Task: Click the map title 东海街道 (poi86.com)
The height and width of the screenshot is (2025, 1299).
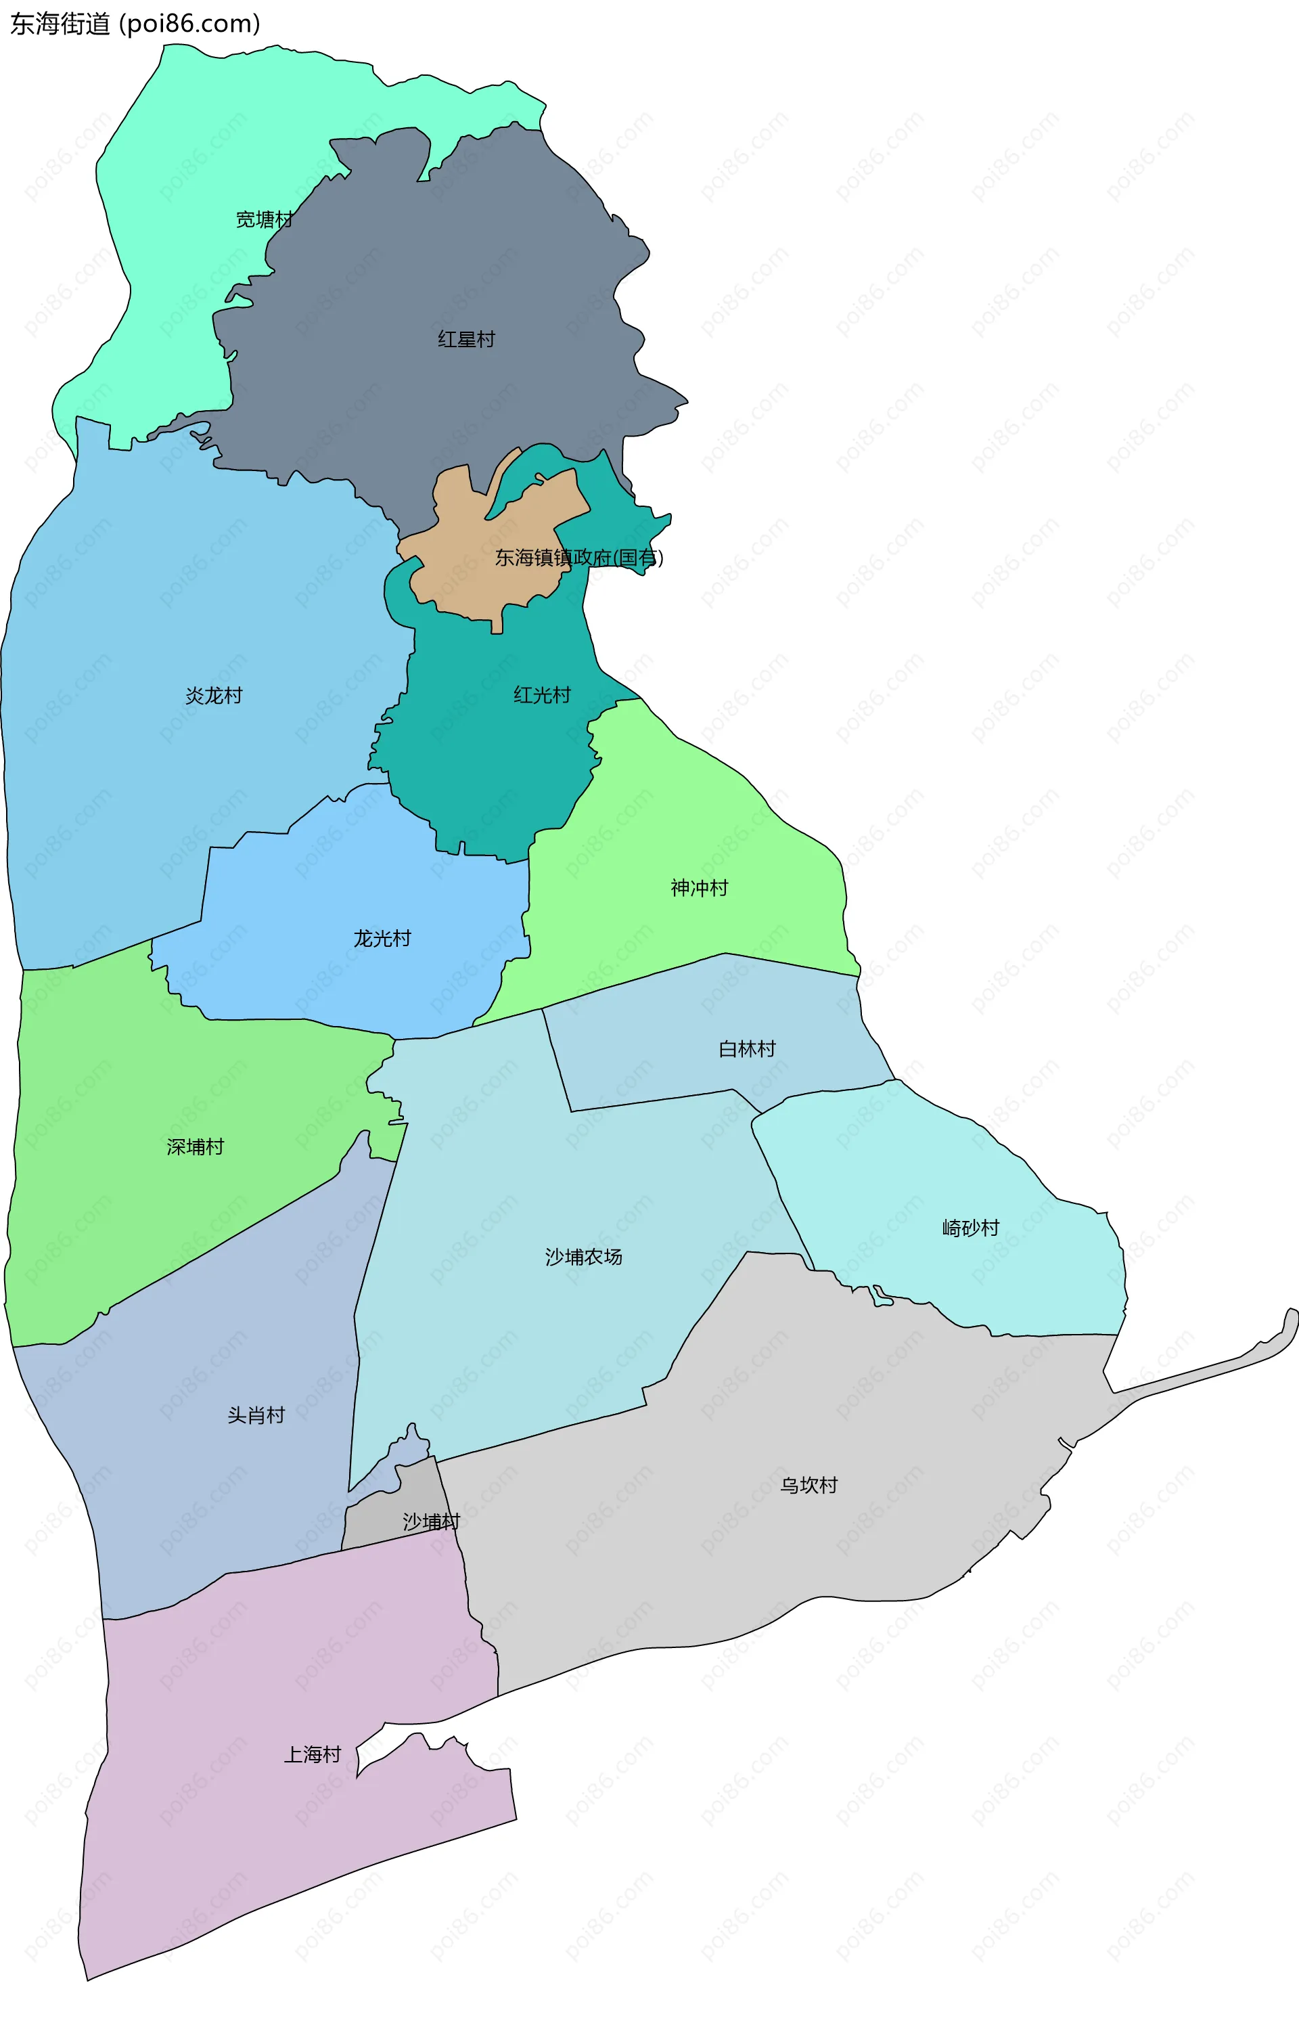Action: point(135,24)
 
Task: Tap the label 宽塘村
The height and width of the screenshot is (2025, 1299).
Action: point(264,219)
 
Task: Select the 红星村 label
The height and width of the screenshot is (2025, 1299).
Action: point(466,339)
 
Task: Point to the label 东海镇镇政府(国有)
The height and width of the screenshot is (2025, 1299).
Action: point(578,557)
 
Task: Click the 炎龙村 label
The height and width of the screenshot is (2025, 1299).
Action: point(214,695)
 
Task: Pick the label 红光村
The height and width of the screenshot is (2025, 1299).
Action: point(543,694)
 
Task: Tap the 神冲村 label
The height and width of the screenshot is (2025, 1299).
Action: point(700,887)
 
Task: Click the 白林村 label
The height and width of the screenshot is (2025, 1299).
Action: point(748,1049)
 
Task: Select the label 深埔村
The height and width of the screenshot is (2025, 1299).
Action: point(196,1147)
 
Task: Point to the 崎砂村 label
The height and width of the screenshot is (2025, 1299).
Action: point(971,1228)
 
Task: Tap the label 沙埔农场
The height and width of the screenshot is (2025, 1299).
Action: point(584,1258)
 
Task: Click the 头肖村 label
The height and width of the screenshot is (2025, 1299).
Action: point(256,1415)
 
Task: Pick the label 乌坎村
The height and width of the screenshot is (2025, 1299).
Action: point(809,1485)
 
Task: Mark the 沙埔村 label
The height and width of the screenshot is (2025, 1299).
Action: point(431,1521)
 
